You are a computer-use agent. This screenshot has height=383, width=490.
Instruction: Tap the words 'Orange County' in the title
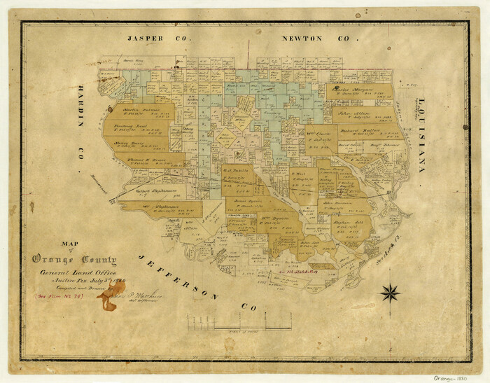[74, 259]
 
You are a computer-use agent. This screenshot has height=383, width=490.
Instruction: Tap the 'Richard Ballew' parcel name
[359, 130]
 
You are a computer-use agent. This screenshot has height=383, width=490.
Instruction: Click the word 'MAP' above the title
[71, 245]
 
